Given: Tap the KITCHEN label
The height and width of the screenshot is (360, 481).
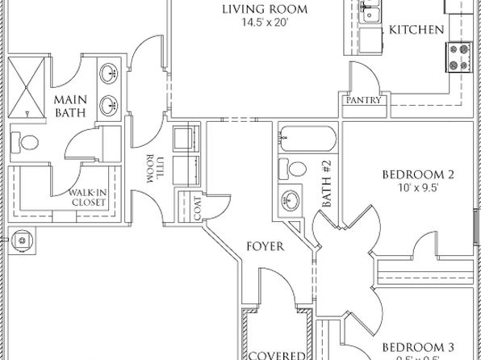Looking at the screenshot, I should point(416,30).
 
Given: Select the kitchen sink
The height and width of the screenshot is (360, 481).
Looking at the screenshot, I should point(373,11).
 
